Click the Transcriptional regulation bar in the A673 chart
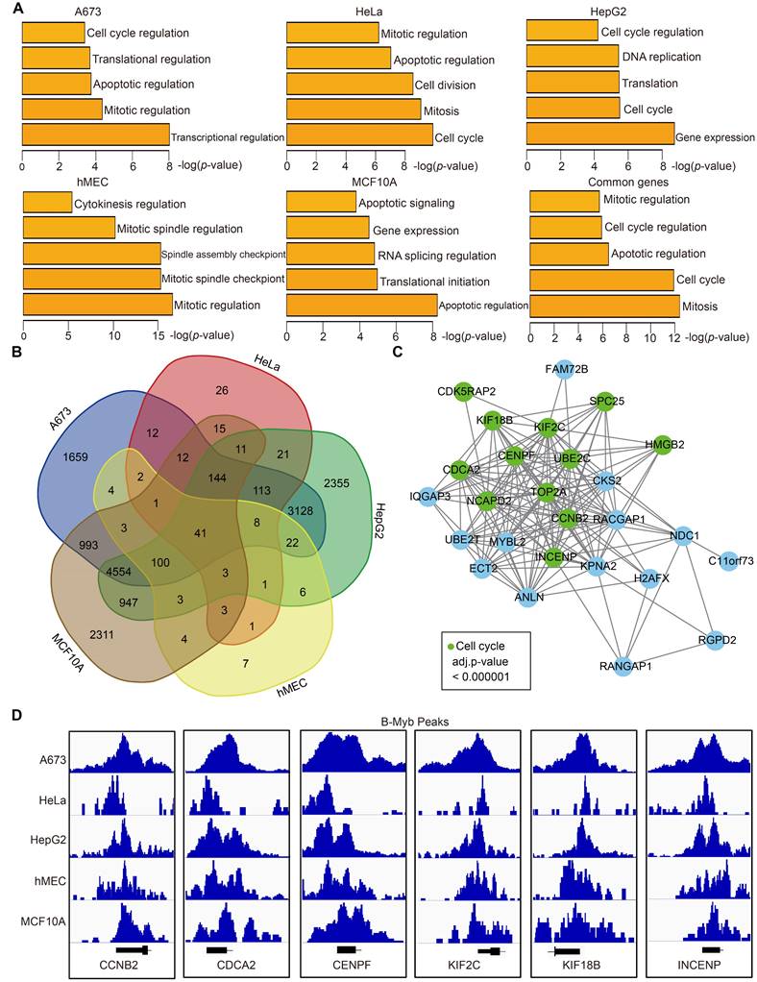pos(95,135)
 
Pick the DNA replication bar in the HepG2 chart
pos(572,57)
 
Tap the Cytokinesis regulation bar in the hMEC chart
pos(47,203)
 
